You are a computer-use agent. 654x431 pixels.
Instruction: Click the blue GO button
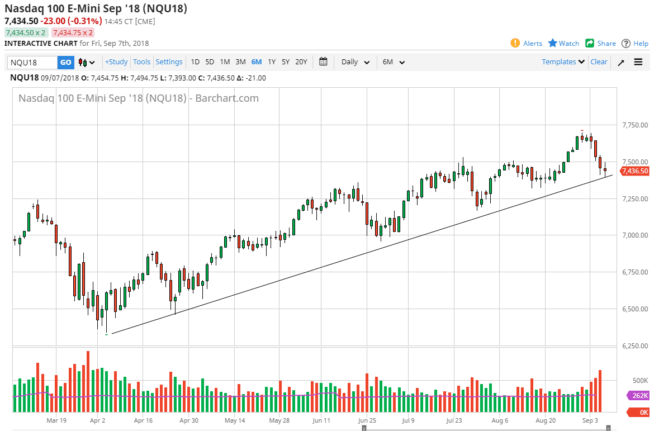(66, 62)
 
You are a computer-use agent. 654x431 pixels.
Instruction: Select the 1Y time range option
(272, 62)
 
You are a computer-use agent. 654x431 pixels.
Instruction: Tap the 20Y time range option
(301, 62)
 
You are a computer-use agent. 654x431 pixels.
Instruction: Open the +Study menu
(116, 62)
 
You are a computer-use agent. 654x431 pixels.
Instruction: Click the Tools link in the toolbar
(141, 62)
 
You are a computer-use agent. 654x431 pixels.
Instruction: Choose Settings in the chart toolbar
(169, 62)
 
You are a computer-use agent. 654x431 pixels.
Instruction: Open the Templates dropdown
(563, 62)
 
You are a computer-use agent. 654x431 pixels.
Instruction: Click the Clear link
(599, 62)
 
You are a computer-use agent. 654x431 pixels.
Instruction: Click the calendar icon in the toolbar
(323, 62)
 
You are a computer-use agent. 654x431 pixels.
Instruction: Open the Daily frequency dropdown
(355, 62)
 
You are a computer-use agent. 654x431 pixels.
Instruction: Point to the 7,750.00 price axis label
(635, 125)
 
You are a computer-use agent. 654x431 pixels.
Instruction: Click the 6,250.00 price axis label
(635, 346)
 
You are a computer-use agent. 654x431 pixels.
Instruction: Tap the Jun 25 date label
(367, 420)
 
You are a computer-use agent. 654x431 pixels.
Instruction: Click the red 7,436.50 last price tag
(634, 171)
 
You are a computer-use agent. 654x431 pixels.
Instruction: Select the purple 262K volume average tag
(639, 396)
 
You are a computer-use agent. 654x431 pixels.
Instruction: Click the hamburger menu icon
(638, 62)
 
